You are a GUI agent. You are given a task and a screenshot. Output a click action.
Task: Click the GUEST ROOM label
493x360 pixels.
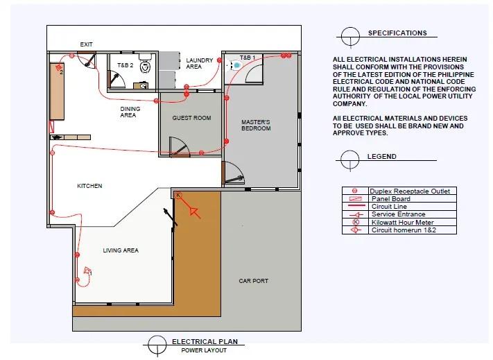191,118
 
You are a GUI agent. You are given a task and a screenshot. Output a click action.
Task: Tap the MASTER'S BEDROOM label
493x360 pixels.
256,125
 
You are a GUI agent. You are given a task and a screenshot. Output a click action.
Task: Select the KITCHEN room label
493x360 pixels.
89,186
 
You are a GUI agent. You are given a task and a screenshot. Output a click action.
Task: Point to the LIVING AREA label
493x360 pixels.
121,250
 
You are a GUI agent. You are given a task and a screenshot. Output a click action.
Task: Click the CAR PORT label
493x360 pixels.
253,281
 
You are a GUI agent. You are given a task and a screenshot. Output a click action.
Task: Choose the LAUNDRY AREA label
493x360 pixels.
199,63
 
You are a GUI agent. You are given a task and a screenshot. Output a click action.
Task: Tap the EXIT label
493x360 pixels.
86,44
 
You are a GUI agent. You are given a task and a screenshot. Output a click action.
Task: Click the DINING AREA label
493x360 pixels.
130,112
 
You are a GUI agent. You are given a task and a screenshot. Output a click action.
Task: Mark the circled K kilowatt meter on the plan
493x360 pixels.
178,195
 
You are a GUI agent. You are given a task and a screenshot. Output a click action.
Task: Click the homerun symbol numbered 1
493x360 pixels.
88,271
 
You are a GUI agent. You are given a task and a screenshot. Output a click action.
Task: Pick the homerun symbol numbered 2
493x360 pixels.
59,68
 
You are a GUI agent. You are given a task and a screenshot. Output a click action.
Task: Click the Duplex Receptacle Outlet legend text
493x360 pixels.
410,191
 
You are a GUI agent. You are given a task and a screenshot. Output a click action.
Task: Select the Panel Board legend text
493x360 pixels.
391,198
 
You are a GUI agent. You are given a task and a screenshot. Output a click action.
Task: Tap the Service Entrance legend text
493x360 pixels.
399,214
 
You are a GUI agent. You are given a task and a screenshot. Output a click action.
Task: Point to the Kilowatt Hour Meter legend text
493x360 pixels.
402,222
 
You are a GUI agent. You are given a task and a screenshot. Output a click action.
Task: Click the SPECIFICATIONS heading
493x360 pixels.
397,33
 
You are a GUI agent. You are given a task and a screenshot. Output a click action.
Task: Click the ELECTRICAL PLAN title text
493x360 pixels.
205,341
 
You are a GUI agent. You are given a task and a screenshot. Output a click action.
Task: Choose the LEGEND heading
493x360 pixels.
381,156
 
